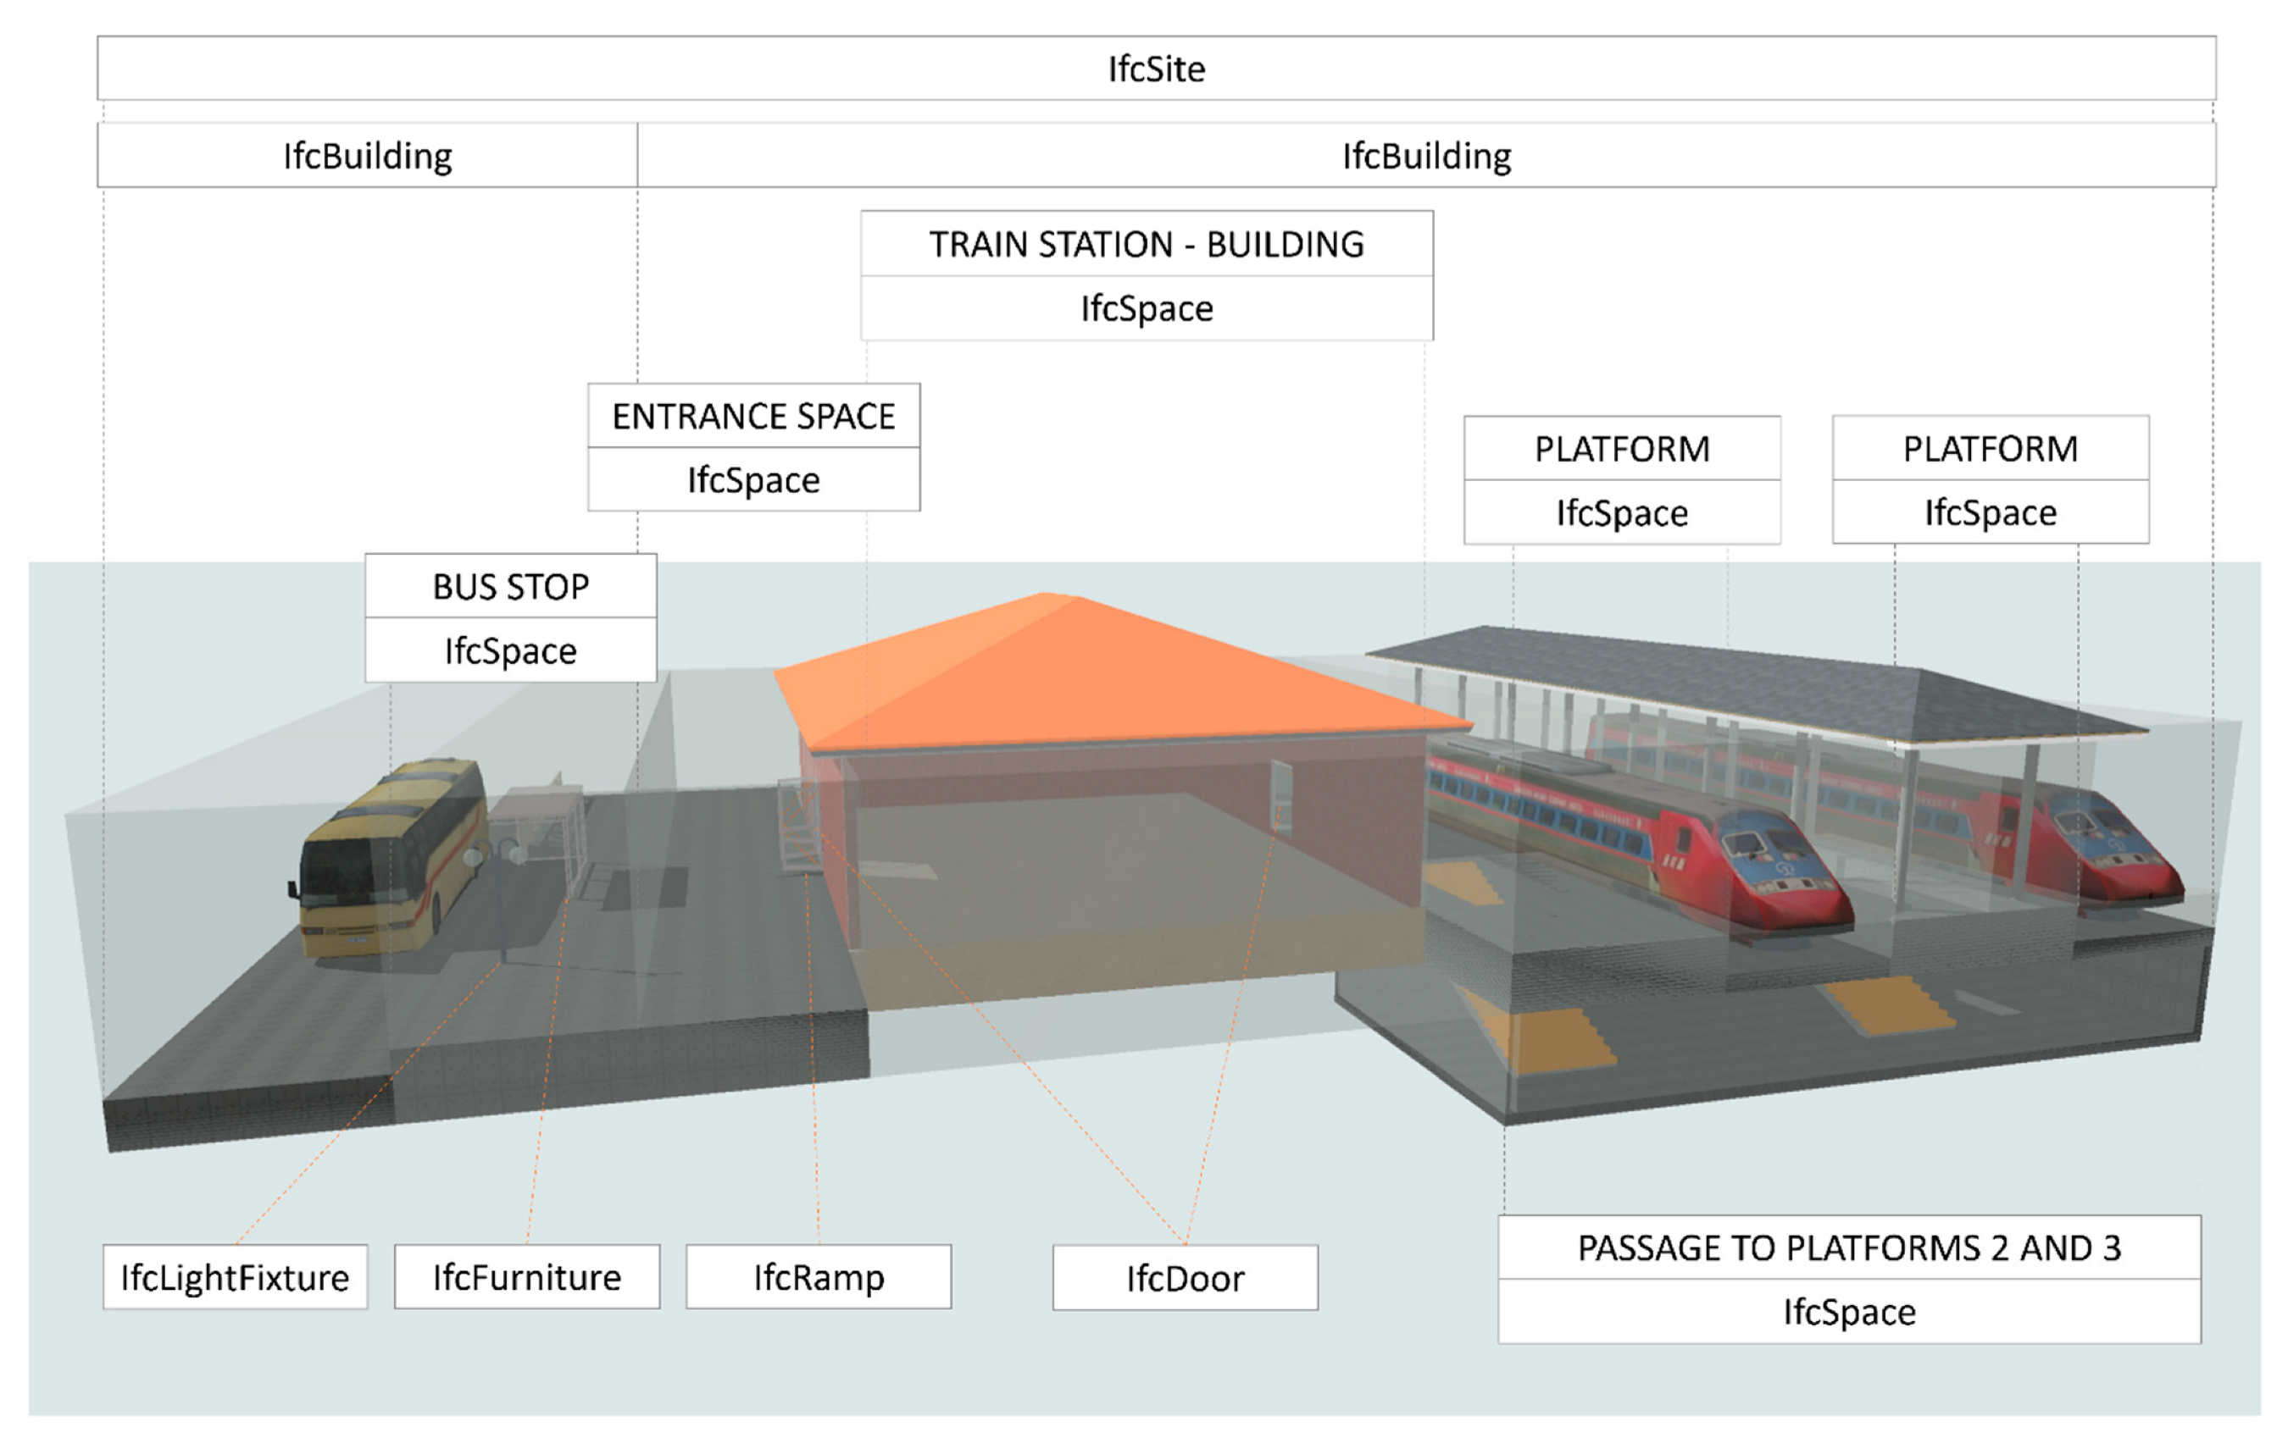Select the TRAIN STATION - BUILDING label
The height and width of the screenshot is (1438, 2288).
click(x=1146, y=244)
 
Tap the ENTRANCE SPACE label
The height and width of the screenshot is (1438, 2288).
click(x=753, y=416)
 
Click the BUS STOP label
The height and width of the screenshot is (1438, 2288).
click(x=510, y=586)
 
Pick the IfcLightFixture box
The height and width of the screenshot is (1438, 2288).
click(x=235, y=1276)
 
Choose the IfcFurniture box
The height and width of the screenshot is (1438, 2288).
click(x=526, y=1276)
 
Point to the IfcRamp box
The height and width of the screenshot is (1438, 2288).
click(x=818, y=1276)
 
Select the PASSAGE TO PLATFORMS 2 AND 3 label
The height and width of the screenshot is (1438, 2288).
click(x=1848, y=1247)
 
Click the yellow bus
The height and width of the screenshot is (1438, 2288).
click(x=390, y=855)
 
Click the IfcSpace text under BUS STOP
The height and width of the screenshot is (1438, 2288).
click(x=510, y=650)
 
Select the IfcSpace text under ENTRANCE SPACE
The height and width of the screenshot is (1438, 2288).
click(x=753, y=479)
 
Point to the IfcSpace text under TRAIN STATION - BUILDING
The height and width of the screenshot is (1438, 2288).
click(x=1146, y=308)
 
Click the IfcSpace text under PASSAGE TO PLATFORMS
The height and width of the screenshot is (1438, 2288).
click(x=1848, y=1312)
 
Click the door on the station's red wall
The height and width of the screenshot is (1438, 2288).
click(x=1280, y=796)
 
